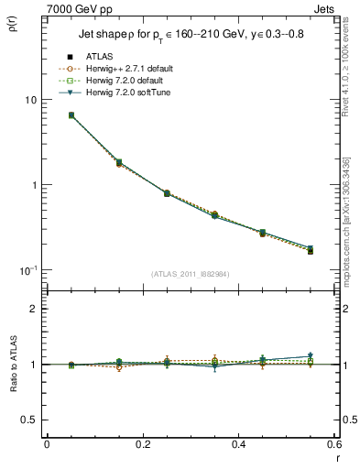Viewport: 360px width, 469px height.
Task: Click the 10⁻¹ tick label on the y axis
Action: pos(27,270)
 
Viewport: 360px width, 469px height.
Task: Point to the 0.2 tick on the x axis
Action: pos(142,444)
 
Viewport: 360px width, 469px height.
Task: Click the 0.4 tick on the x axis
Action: pos(238,444)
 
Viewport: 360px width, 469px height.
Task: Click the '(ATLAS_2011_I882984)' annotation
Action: pos(189,274)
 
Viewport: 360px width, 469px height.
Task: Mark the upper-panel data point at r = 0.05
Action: pos(71,115)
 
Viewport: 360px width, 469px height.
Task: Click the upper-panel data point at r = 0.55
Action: pos(311,250)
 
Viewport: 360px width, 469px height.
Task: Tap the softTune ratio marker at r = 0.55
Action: pos(311,355)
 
